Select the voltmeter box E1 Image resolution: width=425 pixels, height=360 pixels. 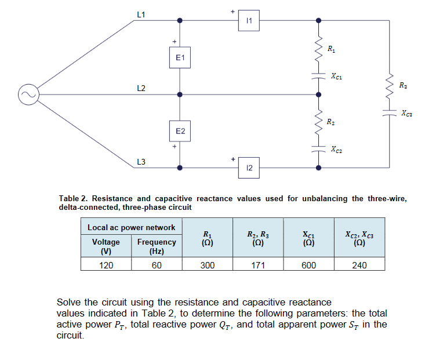point(180,58)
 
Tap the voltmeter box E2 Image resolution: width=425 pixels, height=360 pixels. point(180,132)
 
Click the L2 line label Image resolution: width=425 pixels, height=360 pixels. point(141,88)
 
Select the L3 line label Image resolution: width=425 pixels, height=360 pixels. point(141,161)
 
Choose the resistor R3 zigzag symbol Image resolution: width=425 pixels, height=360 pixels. point(390,86)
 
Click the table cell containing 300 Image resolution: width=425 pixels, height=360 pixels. point(208,265)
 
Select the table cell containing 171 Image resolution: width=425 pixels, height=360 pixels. point(257,265)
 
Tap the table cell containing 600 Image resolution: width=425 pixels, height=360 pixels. point(309,265)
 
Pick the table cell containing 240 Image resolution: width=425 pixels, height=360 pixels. point(359,265)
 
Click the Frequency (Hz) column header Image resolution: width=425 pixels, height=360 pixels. point(156,246)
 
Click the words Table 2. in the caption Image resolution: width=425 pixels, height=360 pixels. point(74,198)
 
